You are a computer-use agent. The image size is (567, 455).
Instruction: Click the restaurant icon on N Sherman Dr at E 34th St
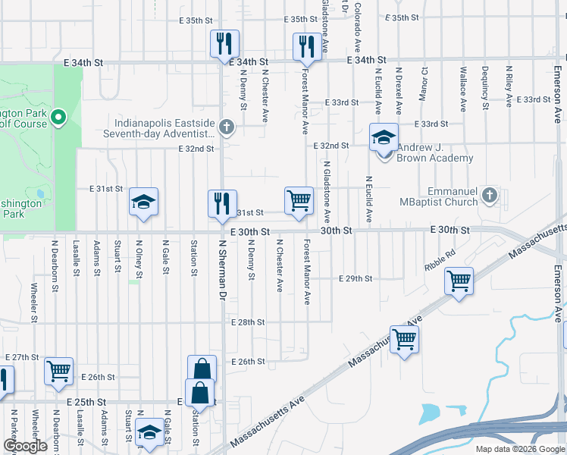224,44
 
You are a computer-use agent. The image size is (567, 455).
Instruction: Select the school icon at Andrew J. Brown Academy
384,139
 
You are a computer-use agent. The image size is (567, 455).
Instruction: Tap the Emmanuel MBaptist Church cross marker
490,196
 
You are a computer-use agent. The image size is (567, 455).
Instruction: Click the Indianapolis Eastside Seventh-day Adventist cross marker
226,127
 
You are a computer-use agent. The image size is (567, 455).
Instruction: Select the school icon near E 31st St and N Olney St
143,202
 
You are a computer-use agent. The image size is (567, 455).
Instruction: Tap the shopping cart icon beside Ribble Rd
459,281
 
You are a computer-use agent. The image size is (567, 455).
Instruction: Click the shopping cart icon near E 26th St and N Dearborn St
58,372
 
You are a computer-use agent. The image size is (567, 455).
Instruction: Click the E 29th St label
356,279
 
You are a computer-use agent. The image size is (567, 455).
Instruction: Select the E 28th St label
248,322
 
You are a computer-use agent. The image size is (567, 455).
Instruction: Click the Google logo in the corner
25,446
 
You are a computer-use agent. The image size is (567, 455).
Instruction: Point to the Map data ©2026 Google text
519,449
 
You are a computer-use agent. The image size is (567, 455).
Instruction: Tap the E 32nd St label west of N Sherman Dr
196,149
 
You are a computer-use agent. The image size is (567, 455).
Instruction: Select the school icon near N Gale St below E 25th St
150,432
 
